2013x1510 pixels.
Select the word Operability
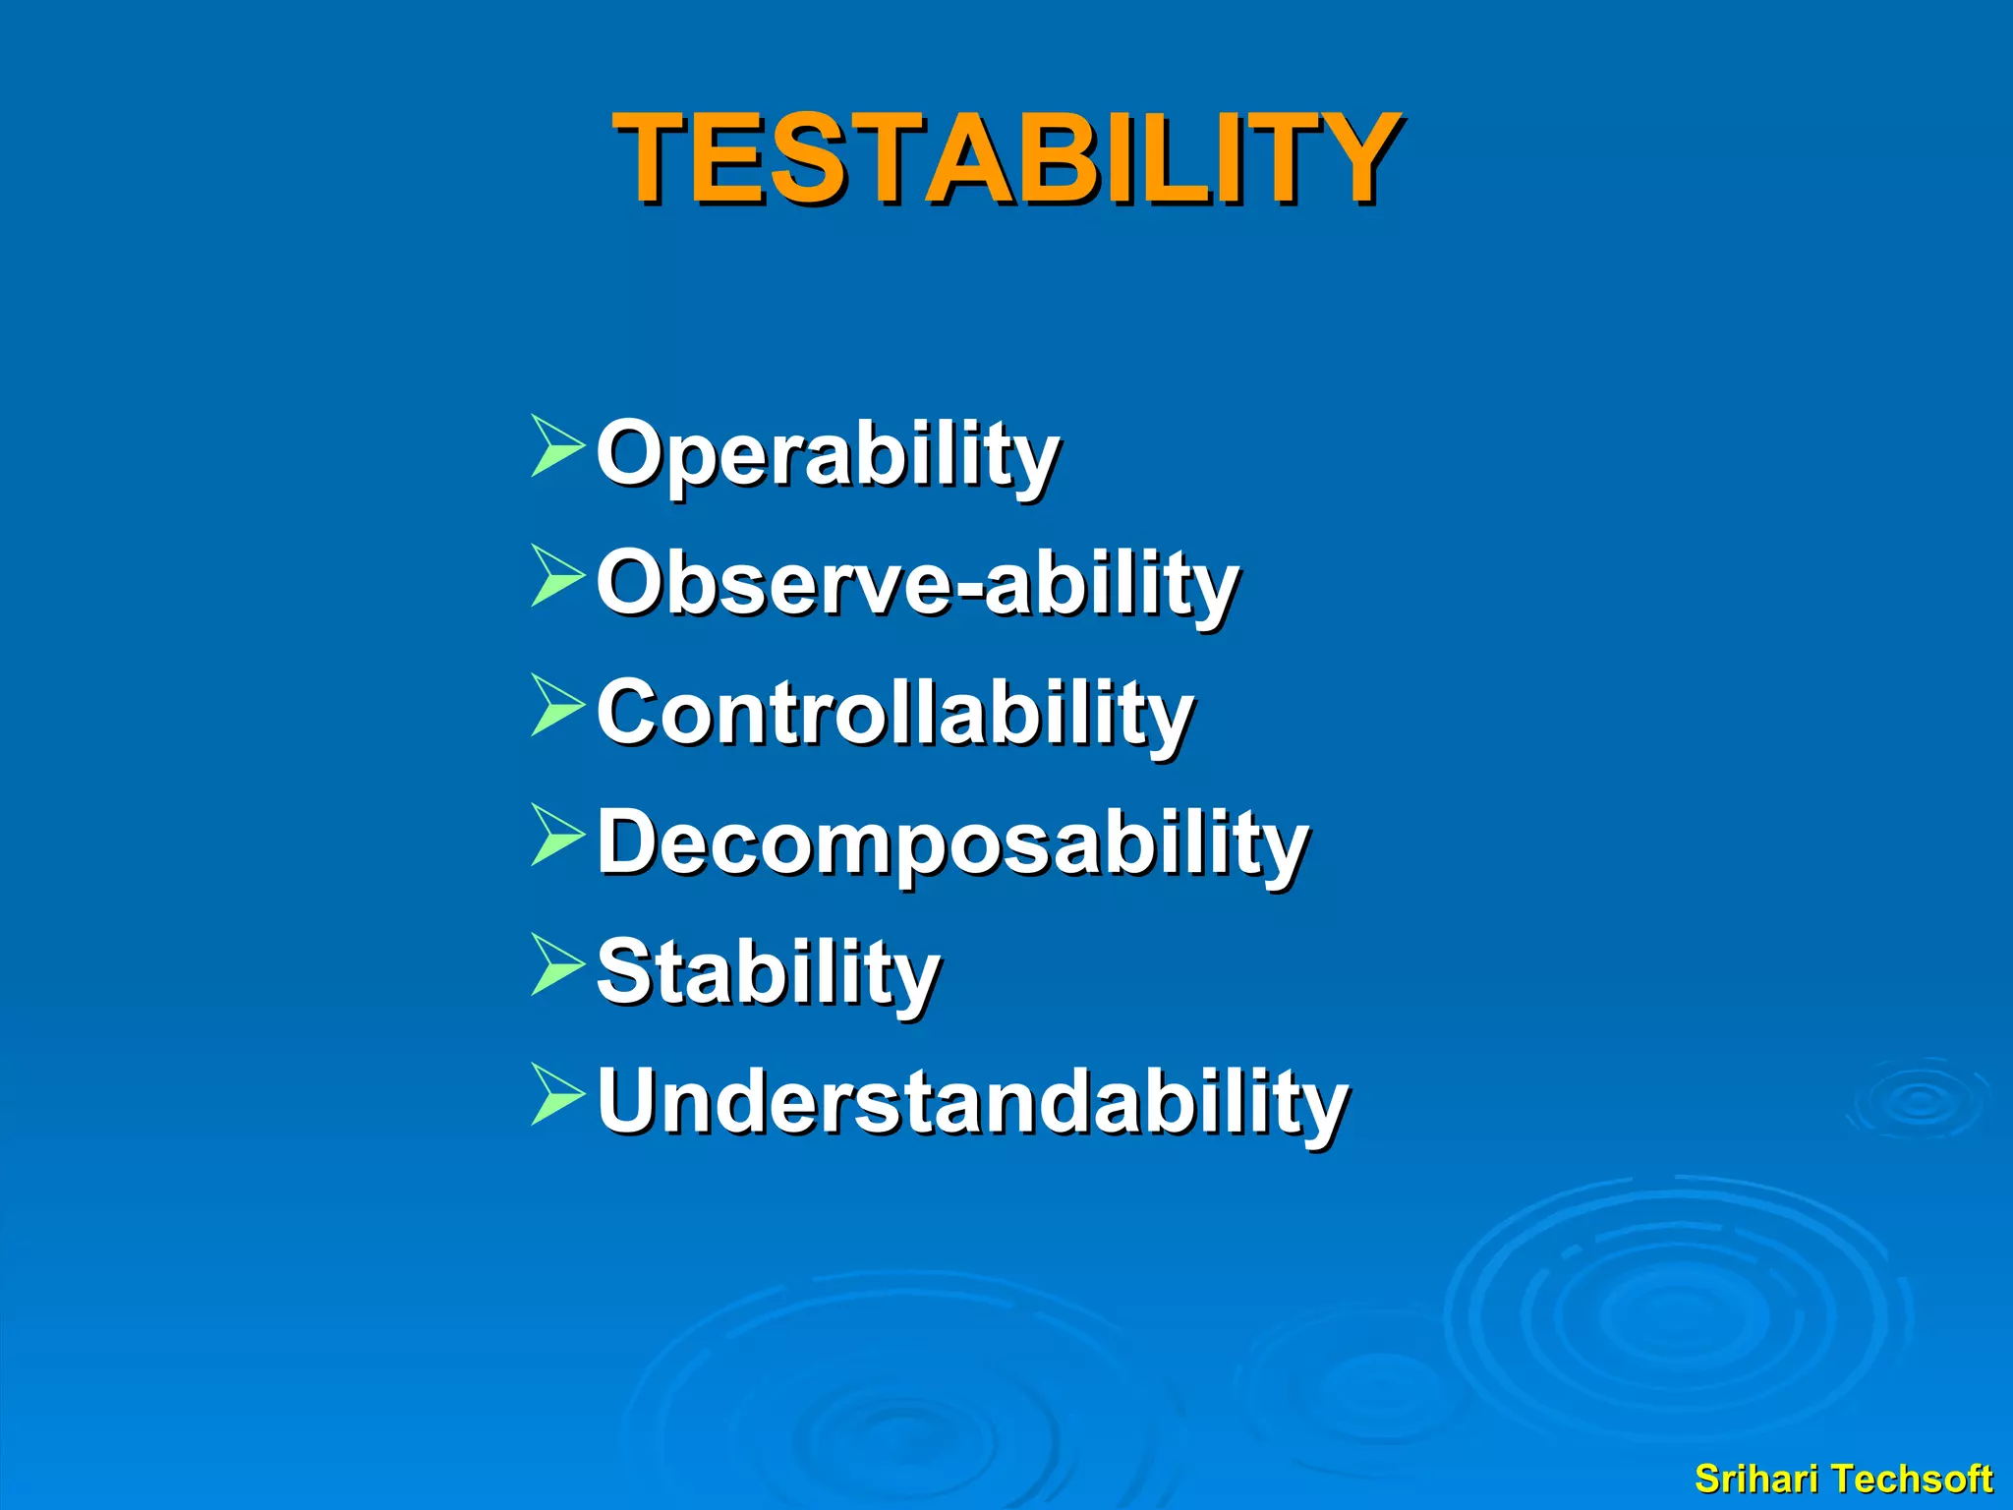click(x=828, y=453)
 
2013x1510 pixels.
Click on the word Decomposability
click(x=951, y=842)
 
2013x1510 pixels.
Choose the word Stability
click(x=768, y=972)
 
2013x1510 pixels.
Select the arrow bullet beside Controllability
click(x=556, y=705)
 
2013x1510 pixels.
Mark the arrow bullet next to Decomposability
click(x=556, y=835)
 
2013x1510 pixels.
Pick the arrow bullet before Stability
click(x=556, y=964)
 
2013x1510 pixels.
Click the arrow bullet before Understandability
click(x=556, y=1094)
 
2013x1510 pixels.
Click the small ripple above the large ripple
click(x=1919, y=1100)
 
